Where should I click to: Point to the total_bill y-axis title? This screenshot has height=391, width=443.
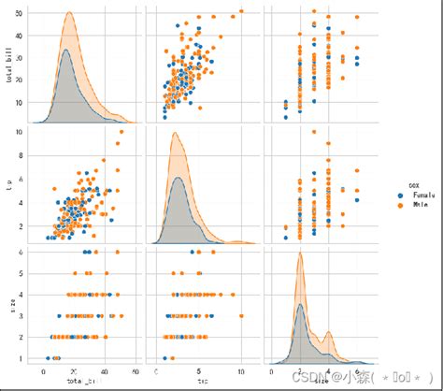click(x=9, y=65)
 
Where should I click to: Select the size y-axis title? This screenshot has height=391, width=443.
click(x=9, y=305)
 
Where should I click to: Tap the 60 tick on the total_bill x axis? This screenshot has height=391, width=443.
click(x=136, y=370)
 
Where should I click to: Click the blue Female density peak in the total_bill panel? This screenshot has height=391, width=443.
click(x=65, y=51)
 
